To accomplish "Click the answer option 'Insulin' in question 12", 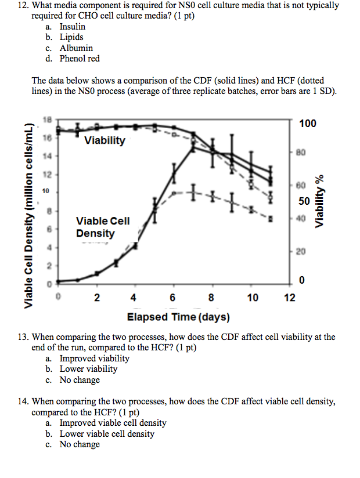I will coord(72,27).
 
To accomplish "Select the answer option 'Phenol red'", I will coord(80,59).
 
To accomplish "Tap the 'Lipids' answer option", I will coord(71,37).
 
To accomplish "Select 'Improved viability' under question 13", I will coord(94,358).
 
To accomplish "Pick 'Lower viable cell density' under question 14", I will coord(107,434).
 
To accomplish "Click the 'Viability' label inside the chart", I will coord(105,140).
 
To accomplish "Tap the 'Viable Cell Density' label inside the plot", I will coord(103,227).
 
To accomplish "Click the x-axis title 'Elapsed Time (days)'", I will coord(178,317).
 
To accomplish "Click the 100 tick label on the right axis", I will coord(308,124).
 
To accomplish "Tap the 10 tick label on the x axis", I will coord(252,298).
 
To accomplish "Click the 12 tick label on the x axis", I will coord(290,298).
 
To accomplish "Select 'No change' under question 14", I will coord(80,444).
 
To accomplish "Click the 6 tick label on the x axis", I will coord(173,298).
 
